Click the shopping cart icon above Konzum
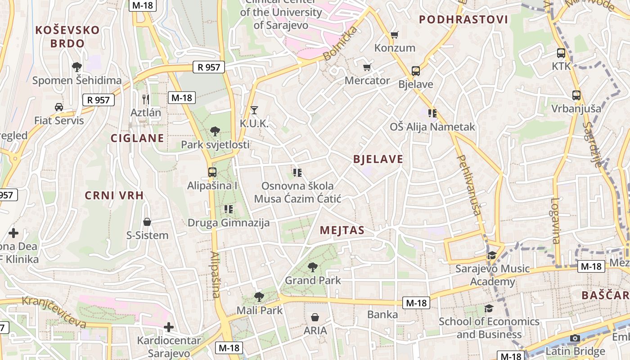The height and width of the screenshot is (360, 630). point(395,35)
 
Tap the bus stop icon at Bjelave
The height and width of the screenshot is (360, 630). point(415,71)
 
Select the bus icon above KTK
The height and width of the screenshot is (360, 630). point(561,53)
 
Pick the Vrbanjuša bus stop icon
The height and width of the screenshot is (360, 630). point(576,95)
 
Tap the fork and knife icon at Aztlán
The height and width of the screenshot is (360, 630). point(145,99)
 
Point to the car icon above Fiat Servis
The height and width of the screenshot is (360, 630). point(59,107)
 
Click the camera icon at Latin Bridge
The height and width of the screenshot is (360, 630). point(575,338)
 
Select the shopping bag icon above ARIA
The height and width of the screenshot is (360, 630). point(315,317)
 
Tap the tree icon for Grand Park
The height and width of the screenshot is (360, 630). point(313,267)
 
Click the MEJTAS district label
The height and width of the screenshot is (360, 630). point(342,230)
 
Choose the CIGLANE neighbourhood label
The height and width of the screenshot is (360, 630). point(138,138)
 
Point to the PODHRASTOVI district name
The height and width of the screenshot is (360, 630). point(463,19)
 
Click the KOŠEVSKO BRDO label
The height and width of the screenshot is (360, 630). point(67,37)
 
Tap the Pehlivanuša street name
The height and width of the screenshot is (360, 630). point(469,185)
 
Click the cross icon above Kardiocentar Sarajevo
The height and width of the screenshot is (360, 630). point(169,327)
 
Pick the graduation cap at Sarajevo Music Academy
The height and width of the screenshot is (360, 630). point(492,256)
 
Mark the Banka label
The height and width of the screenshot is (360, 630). point(382,314)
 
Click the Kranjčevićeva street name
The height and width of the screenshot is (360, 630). point(54,311)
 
